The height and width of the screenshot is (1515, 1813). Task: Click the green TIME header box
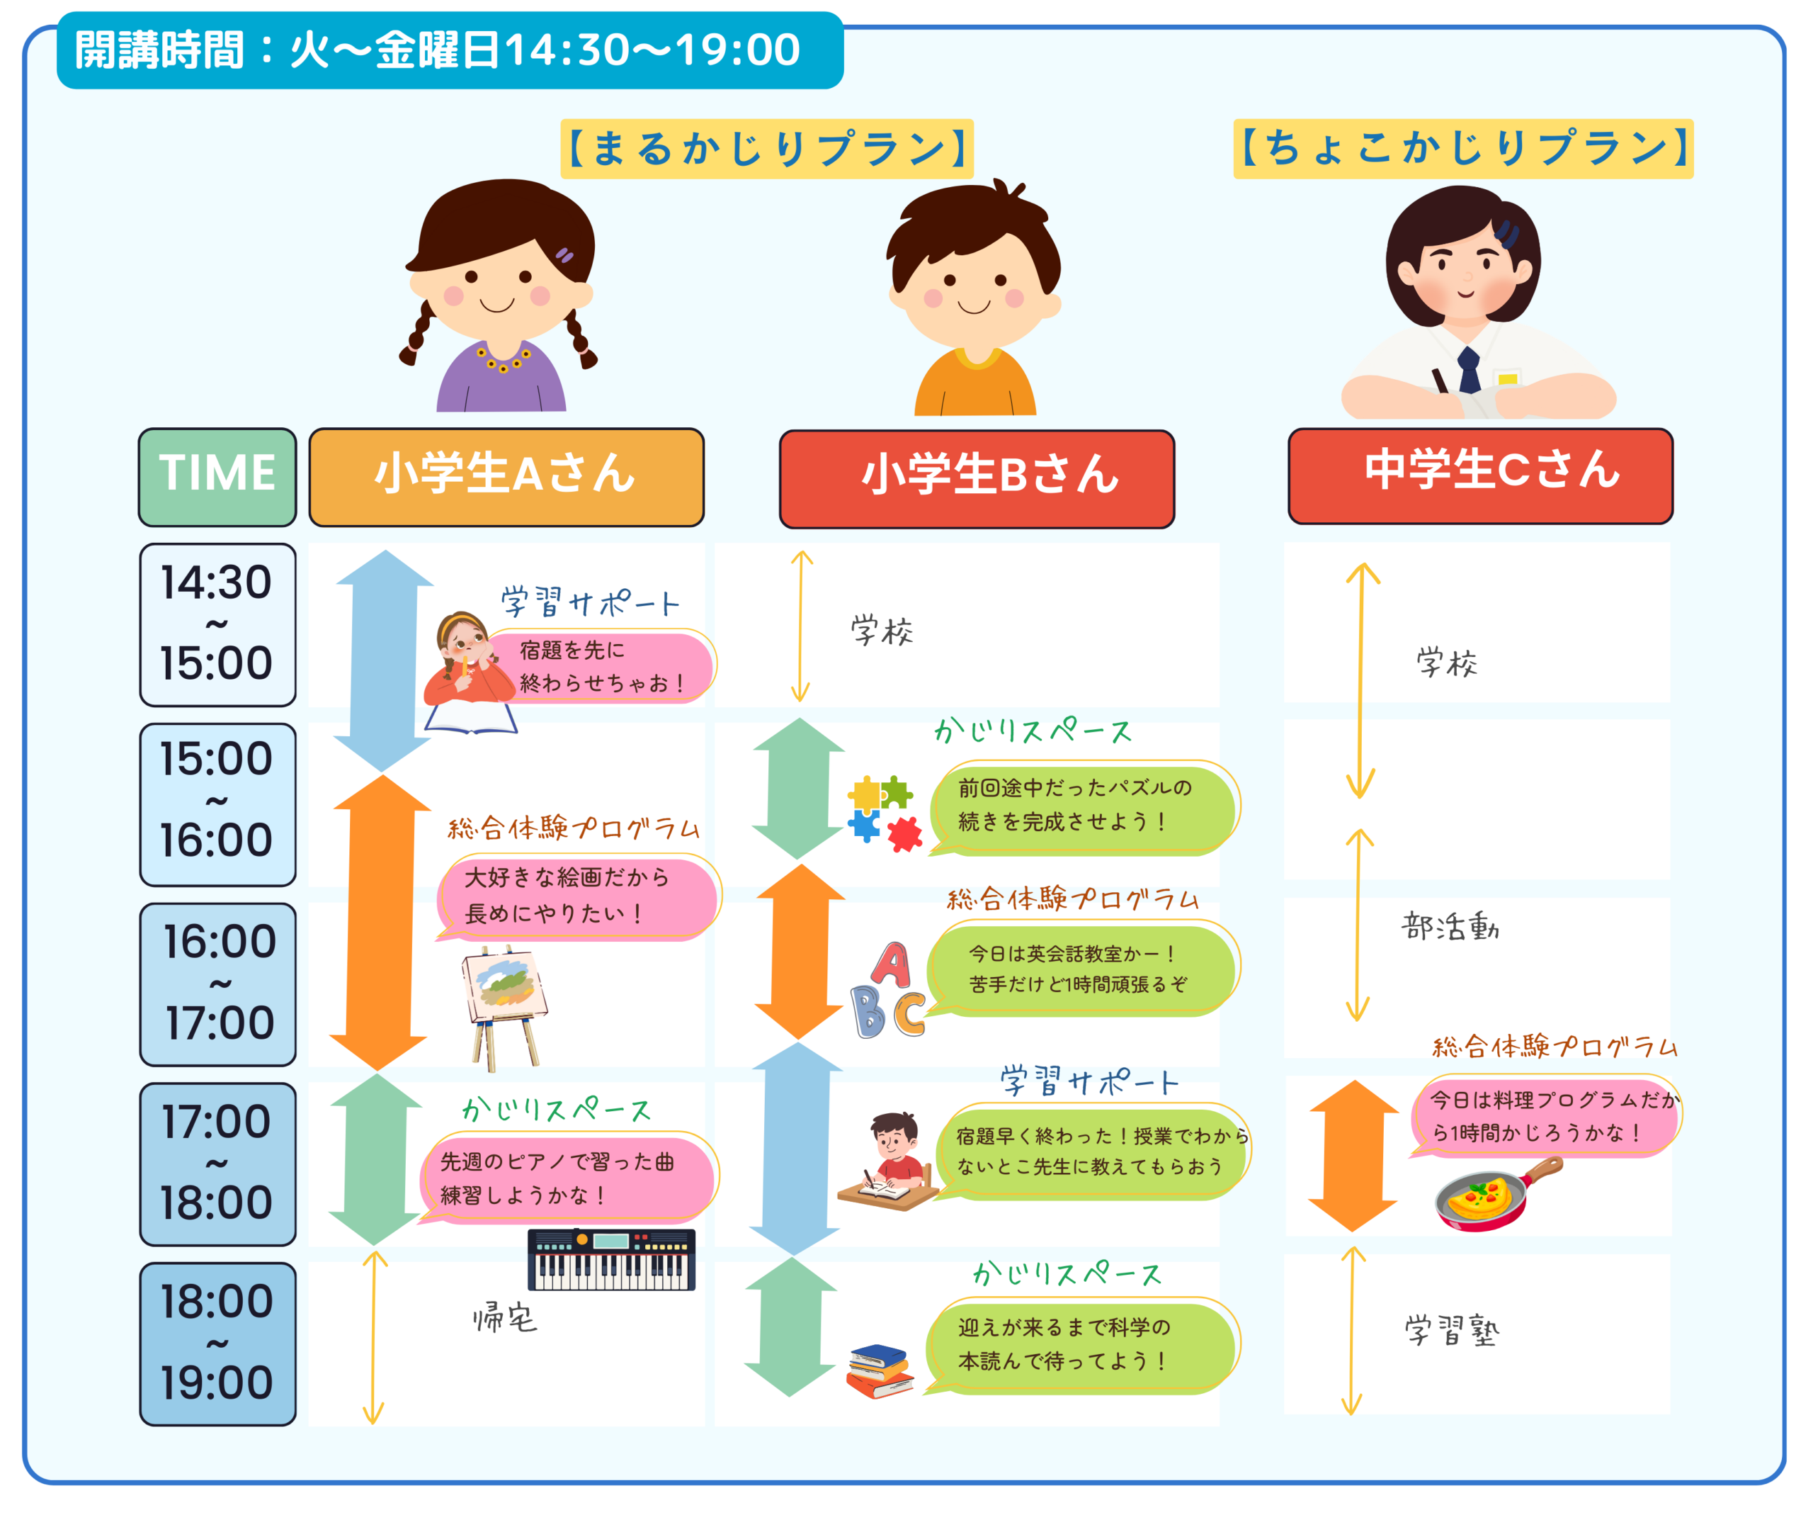pos(217,477)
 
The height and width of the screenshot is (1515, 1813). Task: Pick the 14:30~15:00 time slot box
pos(217,624)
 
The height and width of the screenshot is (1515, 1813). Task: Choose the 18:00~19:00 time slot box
pos(217,1343)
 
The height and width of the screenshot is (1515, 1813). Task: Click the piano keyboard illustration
pos(611,1258)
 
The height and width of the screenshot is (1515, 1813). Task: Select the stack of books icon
pos(880,1370)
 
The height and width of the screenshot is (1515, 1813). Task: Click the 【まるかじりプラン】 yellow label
pos(767,149)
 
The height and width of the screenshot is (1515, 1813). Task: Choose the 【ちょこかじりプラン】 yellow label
pos(1462,149)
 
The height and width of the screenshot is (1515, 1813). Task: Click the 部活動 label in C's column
pos(1450,927)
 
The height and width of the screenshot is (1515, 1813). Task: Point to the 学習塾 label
pos(1451,1330)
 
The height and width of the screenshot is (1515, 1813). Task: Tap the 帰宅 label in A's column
pos(505,1318)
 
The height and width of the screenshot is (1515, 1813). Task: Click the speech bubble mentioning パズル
pos(1084,806)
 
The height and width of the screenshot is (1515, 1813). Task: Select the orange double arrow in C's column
pos(1353,1155)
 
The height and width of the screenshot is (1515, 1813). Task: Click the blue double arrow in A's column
pos(383,660)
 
